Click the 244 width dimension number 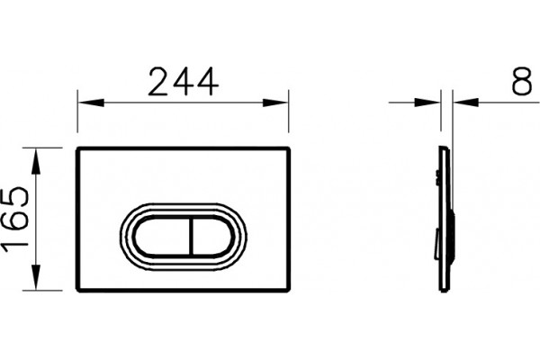[x=184, y=82]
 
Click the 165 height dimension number [x=15, y=220]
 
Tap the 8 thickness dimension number [x=521, y=81]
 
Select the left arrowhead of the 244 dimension [x=91, y=103]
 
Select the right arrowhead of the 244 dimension [x=275, y=103]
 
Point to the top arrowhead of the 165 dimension [x=36, y=160]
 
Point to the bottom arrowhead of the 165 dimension [x=36, y=277]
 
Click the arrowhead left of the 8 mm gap [x=427, y=103]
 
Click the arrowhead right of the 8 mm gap [x=466, y=103]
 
